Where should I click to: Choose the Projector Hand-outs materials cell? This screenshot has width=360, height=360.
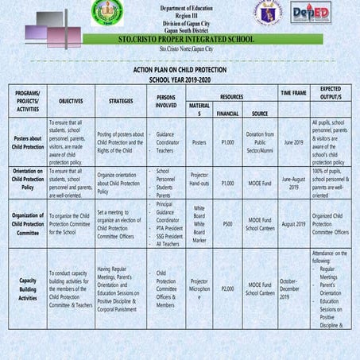[199, 182]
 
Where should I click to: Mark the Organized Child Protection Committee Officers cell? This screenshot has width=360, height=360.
[331, 224]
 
